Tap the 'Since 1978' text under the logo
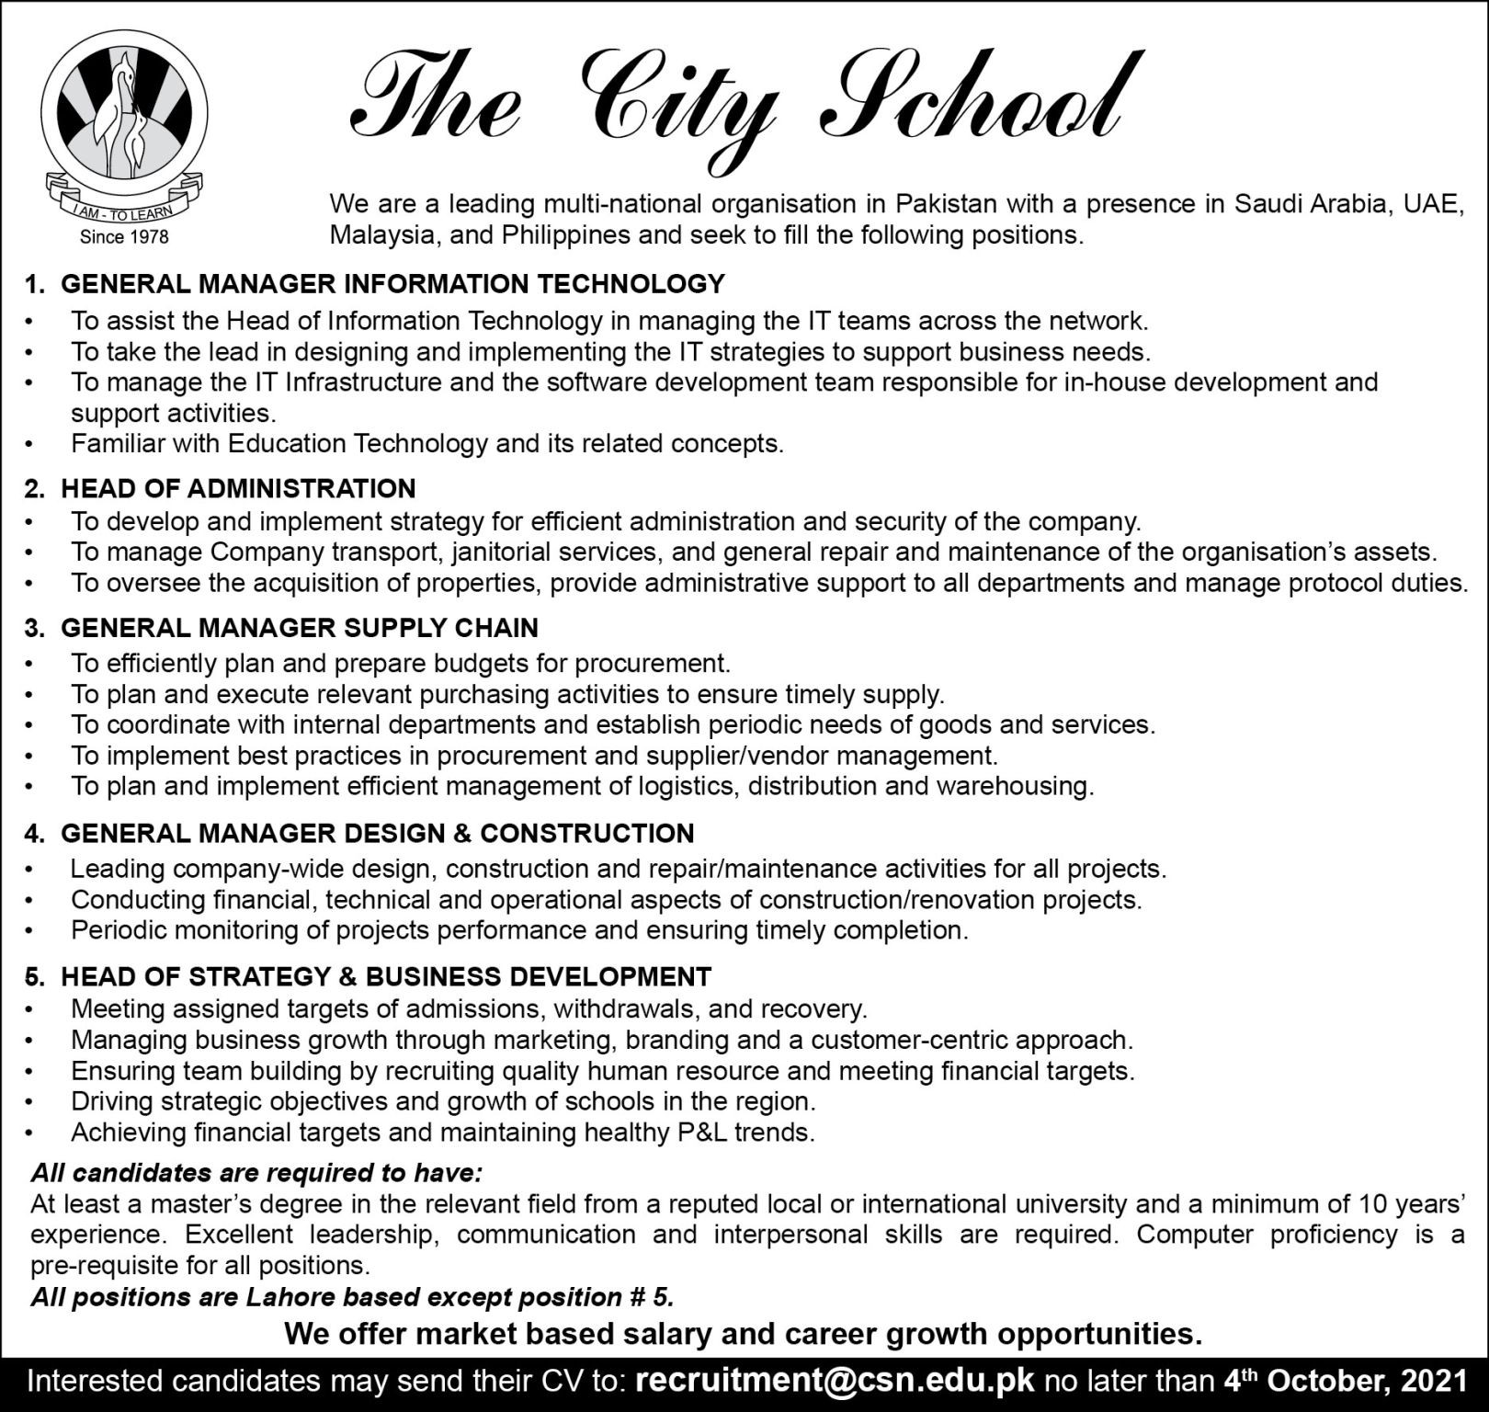point(124,237)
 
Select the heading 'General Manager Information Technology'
point(392,284)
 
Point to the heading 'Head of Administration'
point(238,488)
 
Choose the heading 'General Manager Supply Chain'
point(300,628)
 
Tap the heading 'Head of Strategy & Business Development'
point(386,976)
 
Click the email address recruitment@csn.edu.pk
point(835,1381)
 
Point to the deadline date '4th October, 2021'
point(1345,1381)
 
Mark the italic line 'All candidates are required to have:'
point(256,1173)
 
